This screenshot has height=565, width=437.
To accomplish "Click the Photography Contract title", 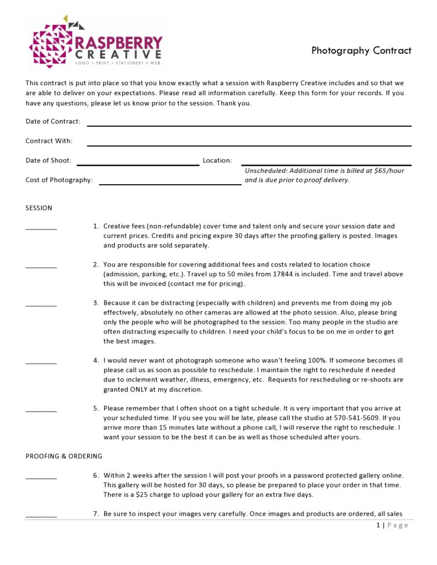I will [361, 51].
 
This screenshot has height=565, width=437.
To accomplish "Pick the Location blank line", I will [326, 164].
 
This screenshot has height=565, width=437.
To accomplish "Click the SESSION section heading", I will [39, 208].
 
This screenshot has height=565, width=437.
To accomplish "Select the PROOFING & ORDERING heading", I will [64, 456].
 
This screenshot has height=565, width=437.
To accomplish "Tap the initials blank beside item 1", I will [41, 228].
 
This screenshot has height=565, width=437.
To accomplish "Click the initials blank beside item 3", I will [41, 305].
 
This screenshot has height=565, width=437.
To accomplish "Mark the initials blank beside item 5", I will [41, 410].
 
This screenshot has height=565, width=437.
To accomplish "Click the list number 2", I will [96, 265].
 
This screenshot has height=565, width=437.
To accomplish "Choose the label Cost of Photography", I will [59, 180].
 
